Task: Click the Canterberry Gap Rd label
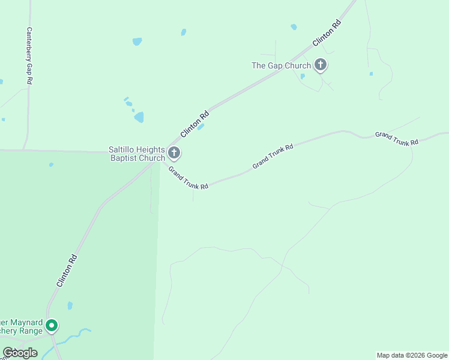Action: [x=29, y=56]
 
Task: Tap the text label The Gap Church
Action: [x=281, y=65]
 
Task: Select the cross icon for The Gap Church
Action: [x=321, y=65]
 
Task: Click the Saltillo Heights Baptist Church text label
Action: [x=137, y=154]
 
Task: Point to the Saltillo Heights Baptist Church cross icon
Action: [x=174, y=153]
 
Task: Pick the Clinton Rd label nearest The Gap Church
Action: [x=327, y=34]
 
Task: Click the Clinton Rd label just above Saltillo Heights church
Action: [x=195, y=123]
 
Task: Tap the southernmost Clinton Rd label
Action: [x=67, y=270]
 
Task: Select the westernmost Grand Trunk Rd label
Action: [x=188, y=178]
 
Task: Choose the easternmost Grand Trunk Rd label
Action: [x=396, y=139]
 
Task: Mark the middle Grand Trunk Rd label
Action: [x=273, y=156]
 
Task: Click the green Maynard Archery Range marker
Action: [x=52, y=326]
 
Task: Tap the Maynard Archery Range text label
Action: [x=21, y=326]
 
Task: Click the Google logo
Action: [x=20, y=353]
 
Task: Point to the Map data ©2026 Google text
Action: [x=412, y=355]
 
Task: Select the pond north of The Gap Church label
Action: [x=294, y=27]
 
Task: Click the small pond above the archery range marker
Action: [x=70, y=305]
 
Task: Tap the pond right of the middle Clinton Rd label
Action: [x=200, y=127]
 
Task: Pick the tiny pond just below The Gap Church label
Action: [x=303, y=76]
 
